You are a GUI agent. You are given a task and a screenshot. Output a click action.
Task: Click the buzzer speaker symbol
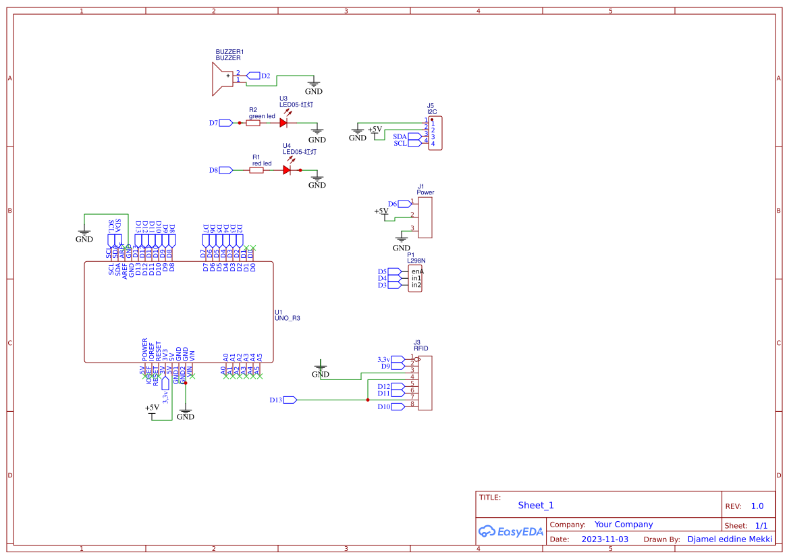pos(223,77)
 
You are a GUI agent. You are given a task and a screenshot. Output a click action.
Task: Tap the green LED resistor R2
pos(253,123)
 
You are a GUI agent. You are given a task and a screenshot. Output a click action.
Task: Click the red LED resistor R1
pos(256,170)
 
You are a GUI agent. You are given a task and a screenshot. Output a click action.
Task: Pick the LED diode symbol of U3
pos(283,123)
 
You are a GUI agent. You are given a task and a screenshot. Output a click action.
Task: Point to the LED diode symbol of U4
pos(287,170)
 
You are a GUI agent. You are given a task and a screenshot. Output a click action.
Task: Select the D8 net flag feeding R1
pos(225,170)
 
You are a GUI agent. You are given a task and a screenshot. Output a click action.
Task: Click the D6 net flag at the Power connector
pos(404,203)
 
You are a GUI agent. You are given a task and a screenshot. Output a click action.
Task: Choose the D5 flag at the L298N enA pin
pos(394,271)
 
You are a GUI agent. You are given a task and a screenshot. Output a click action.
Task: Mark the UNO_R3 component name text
pos(288,318)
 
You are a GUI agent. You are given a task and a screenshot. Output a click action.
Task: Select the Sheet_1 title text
pos(536,505)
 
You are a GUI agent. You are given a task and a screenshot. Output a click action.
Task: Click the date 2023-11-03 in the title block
pos(605,539)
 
